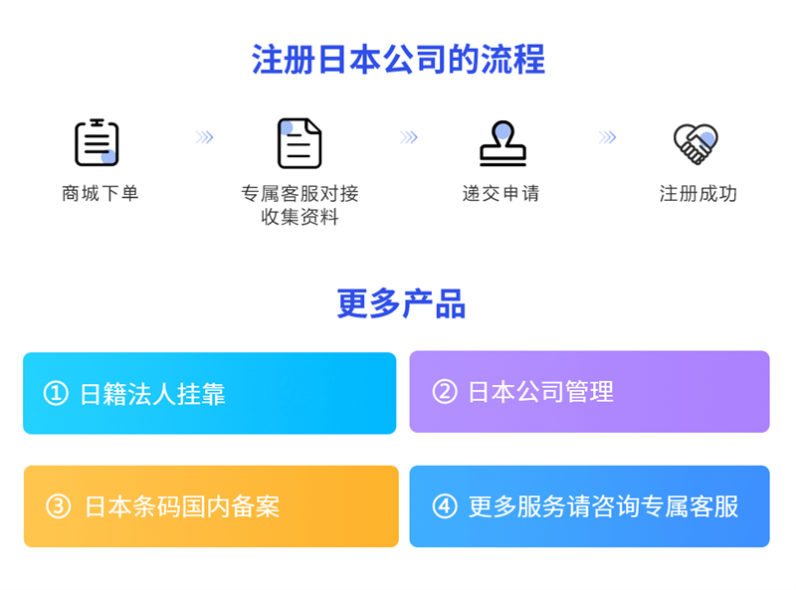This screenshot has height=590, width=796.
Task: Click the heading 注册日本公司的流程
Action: (x=398, y=60)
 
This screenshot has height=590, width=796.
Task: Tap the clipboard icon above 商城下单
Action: (x=97, y=142)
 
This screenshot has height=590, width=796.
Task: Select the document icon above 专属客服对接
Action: (x=298, y=143)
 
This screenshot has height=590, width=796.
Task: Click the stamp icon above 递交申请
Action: (x=502, y=143)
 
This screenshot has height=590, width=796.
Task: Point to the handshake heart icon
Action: (x=696, y=143)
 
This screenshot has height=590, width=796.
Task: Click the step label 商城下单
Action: (x=100, y=193)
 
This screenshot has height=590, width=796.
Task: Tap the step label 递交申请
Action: (x=501, y=193)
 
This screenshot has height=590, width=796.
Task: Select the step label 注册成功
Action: (x=697, y=193)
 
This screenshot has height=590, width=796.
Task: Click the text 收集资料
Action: (x=299, y=217)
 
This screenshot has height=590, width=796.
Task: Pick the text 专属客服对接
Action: (x=299, y=193)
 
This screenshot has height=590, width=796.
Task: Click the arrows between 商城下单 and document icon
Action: (x=205, y=137)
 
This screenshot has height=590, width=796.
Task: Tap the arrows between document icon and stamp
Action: (x=408, y=137)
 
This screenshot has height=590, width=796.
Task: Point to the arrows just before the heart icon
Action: (x=607, y=137)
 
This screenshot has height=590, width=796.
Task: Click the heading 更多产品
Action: (x=401, y=303)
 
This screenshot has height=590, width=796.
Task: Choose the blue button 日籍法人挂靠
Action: (x=209, y=393)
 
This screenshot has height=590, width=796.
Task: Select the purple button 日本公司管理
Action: (x=589, y=392)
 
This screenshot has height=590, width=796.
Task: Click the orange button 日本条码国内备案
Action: (x=210, y=506)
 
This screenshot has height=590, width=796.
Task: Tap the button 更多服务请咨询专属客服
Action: (x=589, y=506)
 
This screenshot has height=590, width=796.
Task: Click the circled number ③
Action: (x=59, y=506)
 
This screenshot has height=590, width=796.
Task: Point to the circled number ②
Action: (x=444, y=392)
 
